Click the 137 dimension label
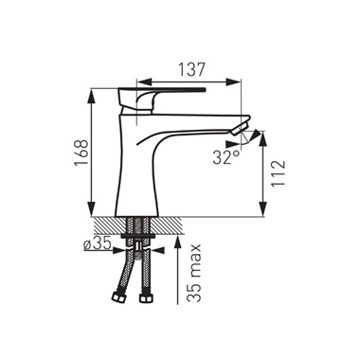[191, 69]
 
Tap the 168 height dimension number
[81, 153]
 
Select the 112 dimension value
[279, 173]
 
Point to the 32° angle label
[226, 157]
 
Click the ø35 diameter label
[98, 243]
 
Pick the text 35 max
[193, 273]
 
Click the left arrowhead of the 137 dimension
[144, 81]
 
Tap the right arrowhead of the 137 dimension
[233, 81]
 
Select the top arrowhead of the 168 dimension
[92, 96]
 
